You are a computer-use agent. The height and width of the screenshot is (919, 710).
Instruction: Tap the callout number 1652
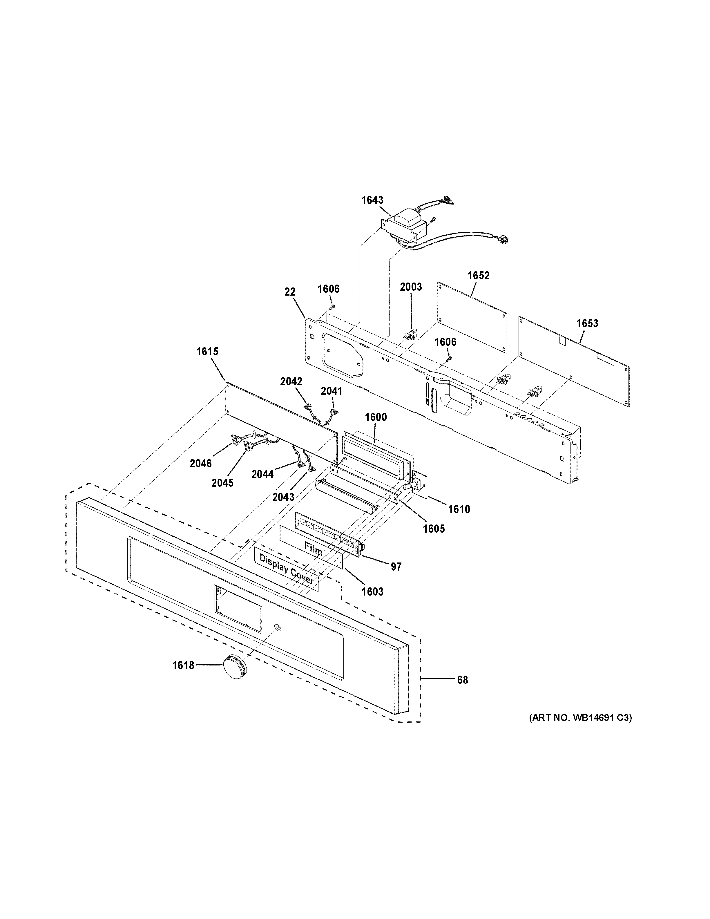click(x=479, y=276)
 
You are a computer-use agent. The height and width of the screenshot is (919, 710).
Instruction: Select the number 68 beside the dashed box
click(x=462, y=680)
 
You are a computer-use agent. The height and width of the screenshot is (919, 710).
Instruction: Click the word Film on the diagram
click(x=313, y=550)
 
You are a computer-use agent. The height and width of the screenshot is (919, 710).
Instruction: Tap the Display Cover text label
click(x=287, y=569)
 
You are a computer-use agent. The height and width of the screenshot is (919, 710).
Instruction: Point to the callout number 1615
click(x=207, y=351)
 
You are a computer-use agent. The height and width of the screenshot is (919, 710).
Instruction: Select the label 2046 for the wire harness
click(x=201, y=464)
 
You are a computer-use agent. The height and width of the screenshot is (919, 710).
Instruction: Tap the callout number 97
click(x=396, y=567)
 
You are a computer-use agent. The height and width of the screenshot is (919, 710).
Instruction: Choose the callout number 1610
click(x=459, y=510)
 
